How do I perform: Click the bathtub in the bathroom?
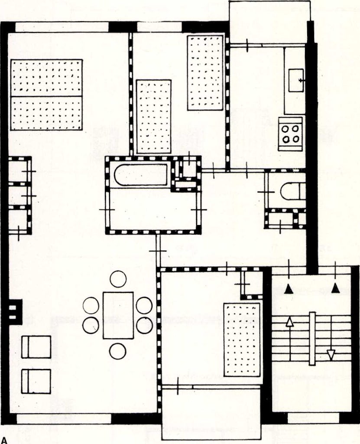click(141, 175)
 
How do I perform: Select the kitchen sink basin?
click(296, 80)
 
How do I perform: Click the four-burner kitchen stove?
click(290, 134)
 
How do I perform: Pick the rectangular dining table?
click(118, 315)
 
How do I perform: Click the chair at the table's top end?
click(118, 279)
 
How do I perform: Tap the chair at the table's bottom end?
click(118, 351)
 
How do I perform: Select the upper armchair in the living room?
click(36, 347)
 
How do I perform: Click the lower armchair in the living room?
click(36, 381)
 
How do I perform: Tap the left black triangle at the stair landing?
click(289, 289)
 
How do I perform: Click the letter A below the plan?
click(4, 440)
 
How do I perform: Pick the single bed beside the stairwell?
click(242, 340)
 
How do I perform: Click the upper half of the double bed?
click(46, 78)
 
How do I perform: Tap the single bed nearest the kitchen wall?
click(205, 73)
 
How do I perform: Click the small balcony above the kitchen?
click(269, 22)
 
